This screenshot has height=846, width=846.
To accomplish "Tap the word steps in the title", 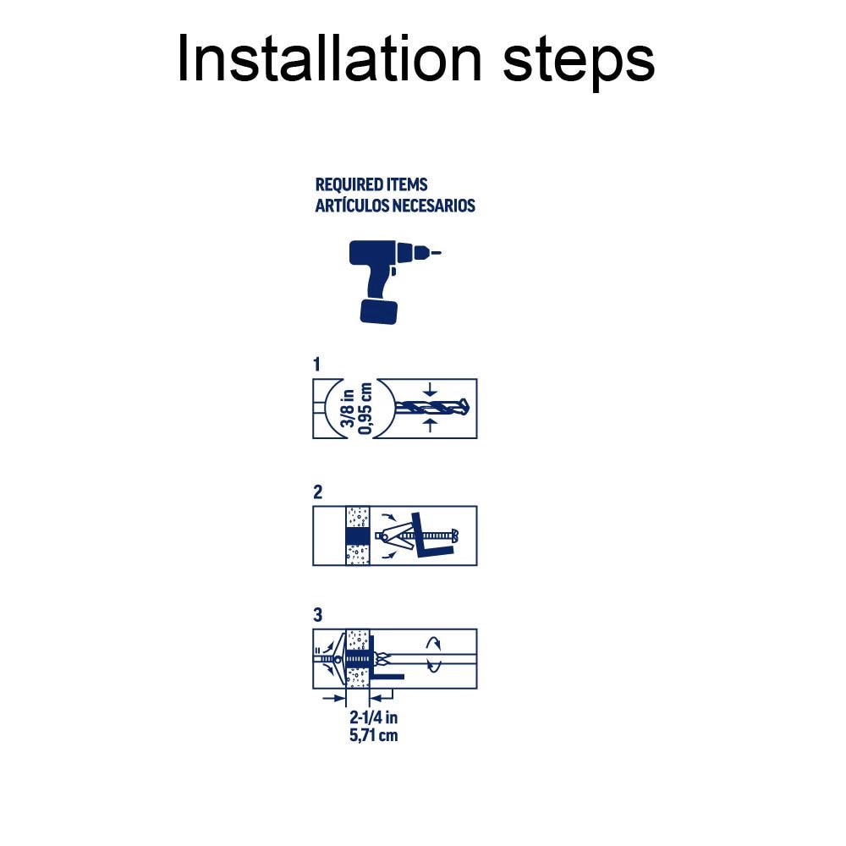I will [x=580, y=61].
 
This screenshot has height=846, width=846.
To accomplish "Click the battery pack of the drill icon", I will [x=378, y=310].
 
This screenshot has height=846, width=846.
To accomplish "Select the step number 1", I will [x=317, y=365].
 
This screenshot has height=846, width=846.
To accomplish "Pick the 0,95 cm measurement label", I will [x=366, y=408].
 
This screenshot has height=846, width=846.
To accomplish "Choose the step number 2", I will [x=317, y=492].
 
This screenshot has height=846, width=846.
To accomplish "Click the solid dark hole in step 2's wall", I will [x=358, y=536].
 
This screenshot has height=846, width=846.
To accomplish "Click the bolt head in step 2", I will [x=455, y=536].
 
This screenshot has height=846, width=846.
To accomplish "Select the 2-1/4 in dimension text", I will [x=373, y=718].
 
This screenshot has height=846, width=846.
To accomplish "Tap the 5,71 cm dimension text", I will [x=373, y=735].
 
